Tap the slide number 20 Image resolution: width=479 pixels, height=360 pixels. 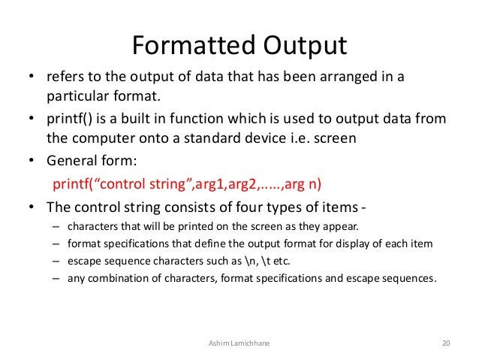(x=446, y=343)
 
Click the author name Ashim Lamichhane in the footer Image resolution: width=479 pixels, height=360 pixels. (x=239, y=343)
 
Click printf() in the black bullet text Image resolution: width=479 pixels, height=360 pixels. (x=68, y=119)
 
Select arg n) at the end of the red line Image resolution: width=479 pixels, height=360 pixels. (x=305, y=185)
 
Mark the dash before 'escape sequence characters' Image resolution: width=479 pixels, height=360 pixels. (x=56, y=260)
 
